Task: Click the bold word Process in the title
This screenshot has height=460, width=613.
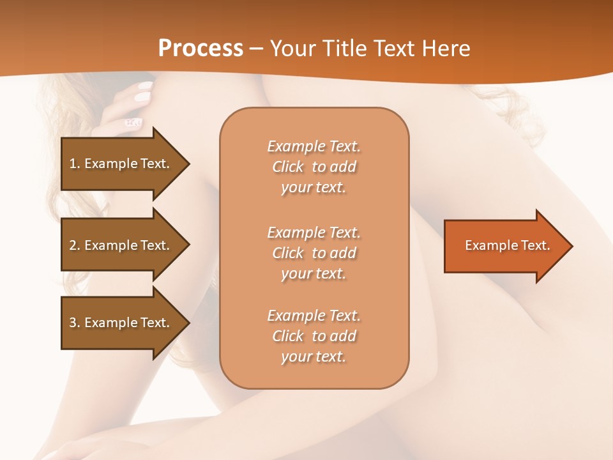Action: click(201, 49)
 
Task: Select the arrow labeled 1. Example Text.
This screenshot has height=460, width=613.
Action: click(121, 164)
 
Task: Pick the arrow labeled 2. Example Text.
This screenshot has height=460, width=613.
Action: click(121, 245)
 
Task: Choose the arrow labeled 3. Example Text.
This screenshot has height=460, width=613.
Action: click(121, 323)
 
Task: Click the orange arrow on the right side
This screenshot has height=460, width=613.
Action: click(504, 246)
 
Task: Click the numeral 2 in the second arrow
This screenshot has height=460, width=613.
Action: click(73, 245)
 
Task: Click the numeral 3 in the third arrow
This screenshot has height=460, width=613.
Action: click(73, 323)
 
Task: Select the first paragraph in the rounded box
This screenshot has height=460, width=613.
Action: click(314, 167)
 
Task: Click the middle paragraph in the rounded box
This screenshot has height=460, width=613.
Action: click(314, 253)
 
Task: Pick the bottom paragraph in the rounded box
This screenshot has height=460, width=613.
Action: click(314, 336)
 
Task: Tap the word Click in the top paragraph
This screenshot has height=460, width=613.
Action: click(288, 167)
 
